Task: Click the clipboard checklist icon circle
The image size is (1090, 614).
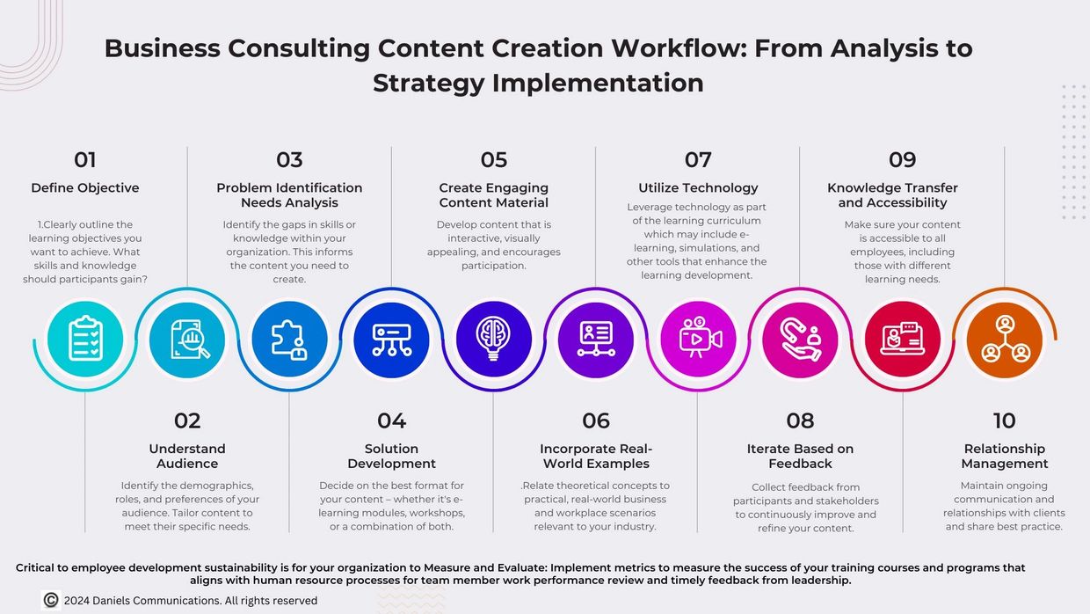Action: pos(85,340)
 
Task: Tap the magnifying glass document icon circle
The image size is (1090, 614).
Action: pos(187,340)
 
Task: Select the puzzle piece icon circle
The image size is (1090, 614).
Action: pos(289,340)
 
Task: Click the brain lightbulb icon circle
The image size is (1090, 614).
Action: pos(493,340)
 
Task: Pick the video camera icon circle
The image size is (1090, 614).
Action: pos(698,340)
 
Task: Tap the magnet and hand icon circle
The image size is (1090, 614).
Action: pos(801,340)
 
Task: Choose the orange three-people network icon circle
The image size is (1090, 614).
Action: pos(1005,340)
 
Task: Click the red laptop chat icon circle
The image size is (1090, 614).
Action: pos(903,340)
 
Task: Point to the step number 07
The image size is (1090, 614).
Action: pos(698,160)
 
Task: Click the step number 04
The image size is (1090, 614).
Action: pos(392,420)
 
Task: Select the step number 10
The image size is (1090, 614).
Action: pos(1005,420)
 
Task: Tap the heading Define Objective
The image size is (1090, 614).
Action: pos(85,188)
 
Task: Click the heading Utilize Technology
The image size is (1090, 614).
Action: pos(698,188)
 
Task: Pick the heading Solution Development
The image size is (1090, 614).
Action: pos(392,457)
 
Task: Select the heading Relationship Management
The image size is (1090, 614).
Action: pos(1005,457)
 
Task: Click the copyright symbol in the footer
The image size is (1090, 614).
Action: pos(51,600)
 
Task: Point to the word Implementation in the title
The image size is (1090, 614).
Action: pos(598,84)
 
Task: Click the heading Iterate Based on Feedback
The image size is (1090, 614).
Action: pos(801,457)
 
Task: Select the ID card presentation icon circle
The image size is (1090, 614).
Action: pos(596,340)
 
